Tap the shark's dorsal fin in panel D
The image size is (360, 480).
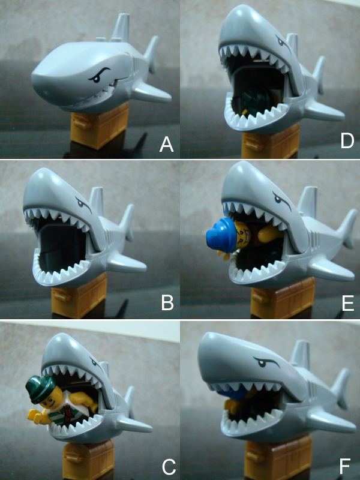(x=292, y=45)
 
